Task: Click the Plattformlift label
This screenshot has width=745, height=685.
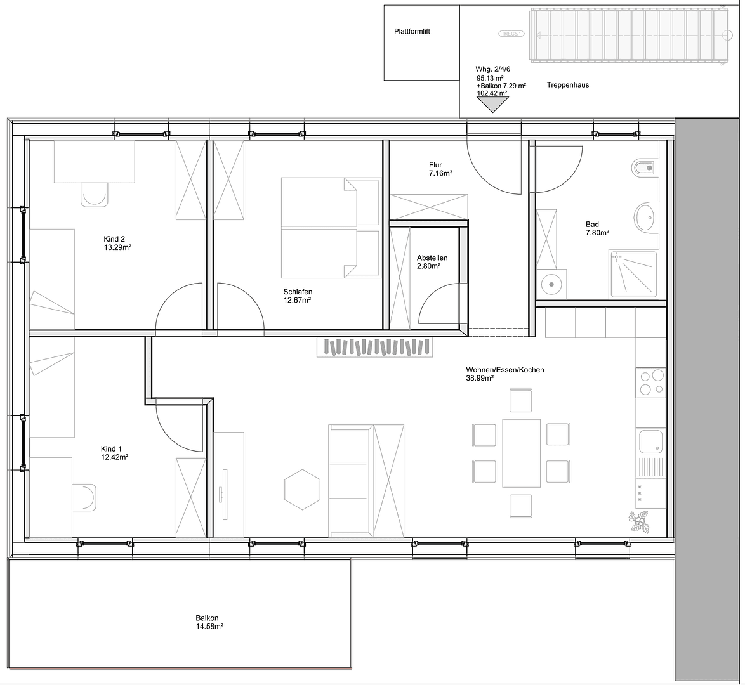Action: click(412, 31)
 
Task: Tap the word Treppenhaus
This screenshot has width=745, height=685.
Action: click(567, 85)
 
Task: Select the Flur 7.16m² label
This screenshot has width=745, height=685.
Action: click(440, 169)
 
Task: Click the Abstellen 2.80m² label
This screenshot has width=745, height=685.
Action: click(432, 262)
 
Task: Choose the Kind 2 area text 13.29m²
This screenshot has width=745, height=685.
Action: click(117, 247)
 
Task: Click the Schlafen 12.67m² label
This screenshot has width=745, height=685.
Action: click(298, 296)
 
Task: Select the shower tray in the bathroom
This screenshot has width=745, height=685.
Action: click(633, 274)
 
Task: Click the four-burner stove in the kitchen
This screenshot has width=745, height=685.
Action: click(650, 382)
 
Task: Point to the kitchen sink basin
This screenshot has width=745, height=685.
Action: click(649, 440)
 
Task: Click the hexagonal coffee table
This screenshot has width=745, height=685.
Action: click(303, 489)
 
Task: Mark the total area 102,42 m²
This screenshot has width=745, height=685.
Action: click(492, 93)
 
